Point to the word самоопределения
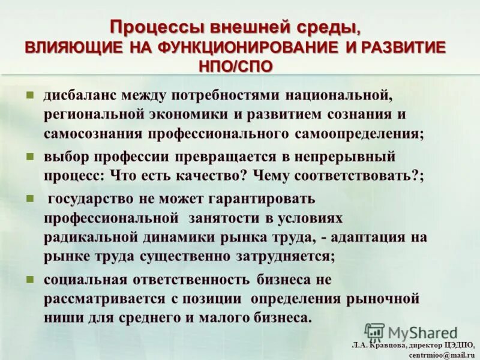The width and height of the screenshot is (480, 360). pos(358,133)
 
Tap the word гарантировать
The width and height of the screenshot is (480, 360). pos(261,198)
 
